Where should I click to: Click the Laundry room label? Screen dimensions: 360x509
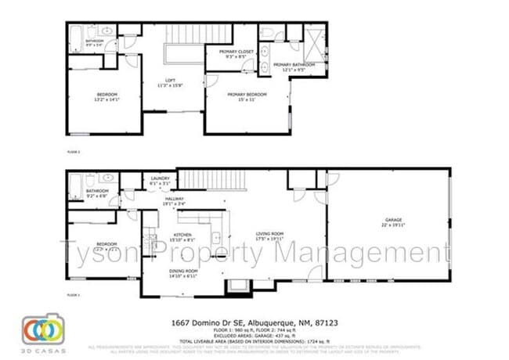(160, 180)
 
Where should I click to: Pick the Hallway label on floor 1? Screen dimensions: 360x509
(174, 203)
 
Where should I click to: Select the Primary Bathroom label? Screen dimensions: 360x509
(294, 67)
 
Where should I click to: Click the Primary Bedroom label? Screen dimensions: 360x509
(247, 97)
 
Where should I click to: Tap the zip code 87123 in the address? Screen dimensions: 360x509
(324, 322)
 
